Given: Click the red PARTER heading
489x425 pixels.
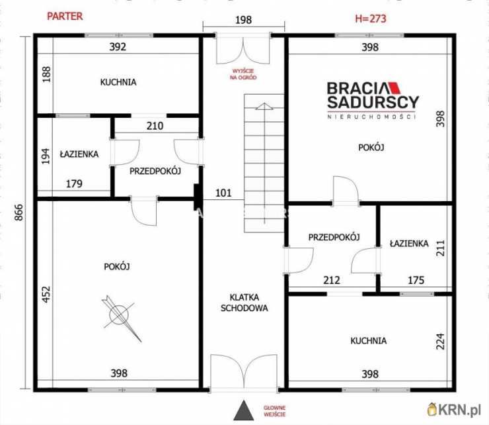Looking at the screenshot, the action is click(x=65, y=17).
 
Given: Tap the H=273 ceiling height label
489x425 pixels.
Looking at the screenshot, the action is click(x=371, y=19).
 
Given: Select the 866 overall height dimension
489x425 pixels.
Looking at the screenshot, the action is click(x=19, y=212).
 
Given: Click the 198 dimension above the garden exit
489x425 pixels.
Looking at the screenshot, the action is click(x=243, y=20).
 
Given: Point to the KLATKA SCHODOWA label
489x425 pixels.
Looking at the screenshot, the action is click(x=244, y=303).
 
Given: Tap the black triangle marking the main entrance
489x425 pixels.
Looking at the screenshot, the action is click(x=244, y=410).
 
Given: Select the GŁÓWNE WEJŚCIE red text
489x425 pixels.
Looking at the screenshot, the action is click(x=274, y=411).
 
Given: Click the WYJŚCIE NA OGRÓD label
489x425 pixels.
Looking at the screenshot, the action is click(x=243, y=74).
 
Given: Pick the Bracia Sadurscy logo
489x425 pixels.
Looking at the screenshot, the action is click(x=372, y=100).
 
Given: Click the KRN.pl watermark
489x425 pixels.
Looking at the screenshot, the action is click(x=455, y=410).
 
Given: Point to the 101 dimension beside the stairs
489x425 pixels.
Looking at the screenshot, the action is click(x=223, y=193).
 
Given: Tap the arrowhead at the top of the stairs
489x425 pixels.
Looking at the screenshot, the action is click(x=264, y=106).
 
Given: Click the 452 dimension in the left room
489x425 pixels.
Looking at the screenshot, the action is click(x=46, y=294).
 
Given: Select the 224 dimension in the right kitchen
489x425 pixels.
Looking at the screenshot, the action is click(x=440, y=341).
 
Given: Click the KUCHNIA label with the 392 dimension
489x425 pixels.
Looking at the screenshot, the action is click(x=118, y=82).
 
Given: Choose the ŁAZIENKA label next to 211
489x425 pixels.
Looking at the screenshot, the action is click(x=409, y=244).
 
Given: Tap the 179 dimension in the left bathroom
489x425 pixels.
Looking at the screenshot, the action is click(x=74, y=183).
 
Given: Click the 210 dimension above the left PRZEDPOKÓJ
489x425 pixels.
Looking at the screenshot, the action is click(x=155, y=126).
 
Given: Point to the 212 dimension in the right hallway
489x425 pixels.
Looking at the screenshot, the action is click(x=332, y=280).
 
